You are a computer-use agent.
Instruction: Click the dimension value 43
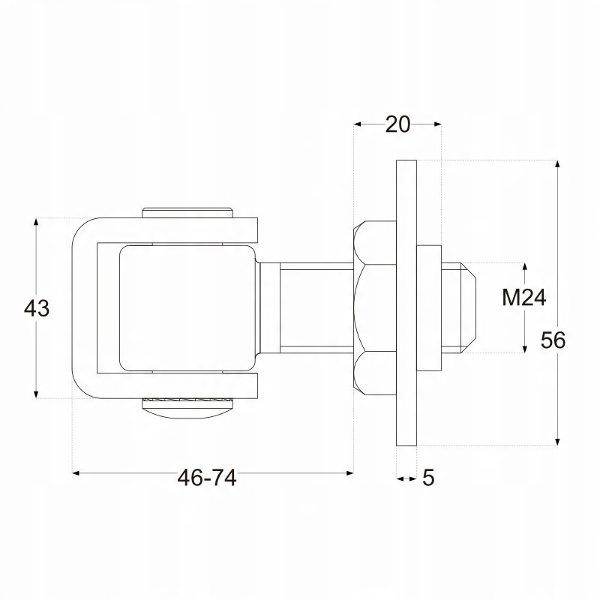37,308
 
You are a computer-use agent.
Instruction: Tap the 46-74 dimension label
207,478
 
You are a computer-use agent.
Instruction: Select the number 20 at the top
397,124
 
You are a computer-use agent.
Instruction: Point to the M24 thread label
523,298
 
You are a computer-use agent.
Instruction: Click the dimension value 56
553,340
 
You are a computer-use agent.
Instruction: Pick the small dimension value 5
428,478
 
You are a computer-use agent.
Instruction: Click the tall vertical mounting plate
406,303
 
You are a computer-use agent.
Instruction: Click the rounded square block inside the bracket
187,308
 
